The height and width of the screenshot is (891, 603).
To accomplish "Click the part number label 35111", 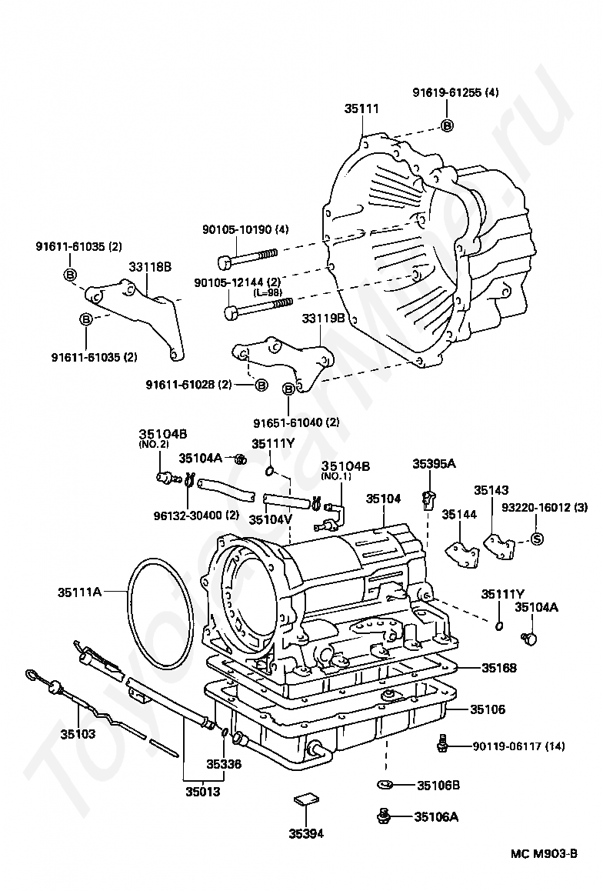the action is [x=361, y=108].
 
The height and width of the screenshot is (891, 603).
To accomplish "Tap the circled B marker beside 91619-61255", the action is [x=448, y=126].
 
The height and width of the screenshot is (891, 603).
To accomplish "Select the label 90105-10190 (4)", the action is [x=246, y=229].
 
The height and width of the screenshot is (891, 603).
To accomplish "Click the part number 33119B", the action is [x=323, y=319].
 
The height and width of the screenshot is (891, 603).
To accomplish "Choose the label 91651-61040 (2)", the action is [x=296, y=422].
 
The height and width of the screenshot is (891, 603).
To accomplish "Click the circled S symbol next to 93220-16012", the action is [x=537, y=539].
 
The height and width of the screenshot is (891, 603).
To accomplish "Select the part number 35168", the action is [x=499, y=668].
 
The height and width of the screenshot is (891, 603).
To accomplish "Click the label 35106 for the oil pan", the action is [x=487, y=709].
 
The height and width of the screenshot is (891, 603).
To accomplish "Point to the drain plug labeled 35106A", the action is [x=384, y=816].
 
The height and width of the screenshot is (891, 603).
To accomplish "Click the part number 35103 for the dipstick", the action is [x=78, y=733].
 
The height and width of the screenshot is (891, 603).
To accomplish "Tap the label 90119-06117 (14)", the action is [x=518, y=746].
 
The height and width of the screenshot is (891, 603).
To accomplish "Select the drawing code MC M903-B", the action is [x=543, y=869].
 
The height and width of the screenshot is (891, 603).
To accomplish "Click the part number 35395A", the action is [x=435, y=464].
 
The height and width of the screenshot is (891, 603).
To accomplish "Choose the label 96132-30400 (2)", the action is [x=196, y=516].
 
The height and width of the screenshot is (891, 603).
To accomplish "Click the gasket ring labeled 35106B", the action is [x=385, y=785].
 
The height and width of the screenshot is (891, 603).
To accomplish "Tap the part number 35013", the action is [x=202, y=790].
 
